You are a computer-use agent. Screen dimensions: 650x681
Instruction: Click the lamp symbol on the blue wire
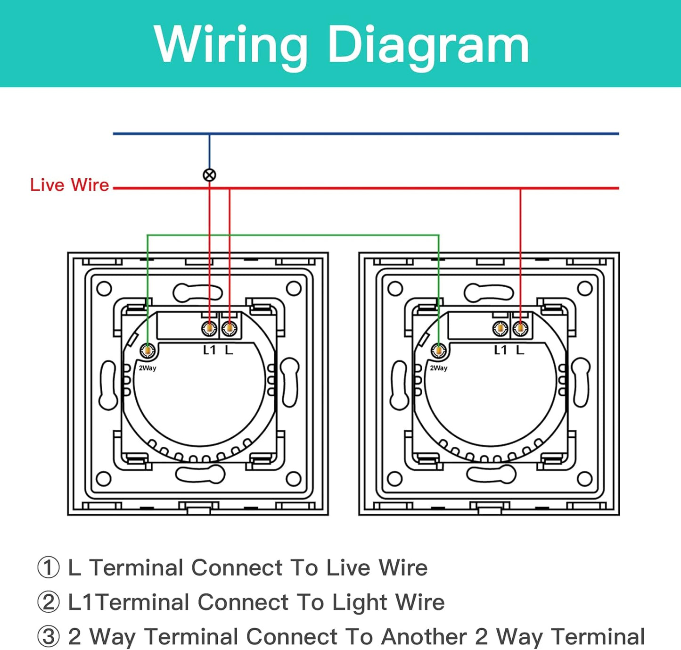pos(209,175)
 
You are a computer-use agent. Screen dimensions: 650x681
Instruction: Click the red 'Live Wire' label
pos(69,185)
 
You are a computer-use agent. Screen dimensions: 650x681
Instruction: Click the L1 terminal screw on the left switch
pos(209,328)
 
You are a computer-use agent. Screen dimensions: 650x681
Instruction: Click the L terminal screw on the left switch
pos(229,328)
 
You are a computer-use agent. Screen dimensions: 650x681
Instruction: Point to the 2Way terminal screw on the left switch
pos(148,350)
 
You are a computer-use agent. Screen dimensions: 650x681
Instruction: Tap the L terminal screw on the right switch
pos(520,328)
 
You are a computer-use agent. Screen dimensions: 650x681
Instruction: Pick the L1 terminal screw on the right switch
pos(500,328)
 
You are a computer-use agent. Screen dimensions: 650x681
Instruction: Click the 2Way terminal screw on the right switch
pos(439,350)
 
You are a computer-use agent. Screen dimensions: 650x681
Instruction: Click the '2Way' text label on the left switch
pos(148,368)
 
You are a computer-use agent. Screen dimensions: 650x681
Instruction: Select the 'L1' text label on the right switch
pos(500,350)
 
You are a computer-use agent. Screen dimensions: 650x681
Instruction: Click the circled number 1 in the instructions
pos(49,567)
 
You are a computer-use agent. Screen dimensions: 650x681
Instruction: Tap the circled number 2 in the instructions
pos(49,602)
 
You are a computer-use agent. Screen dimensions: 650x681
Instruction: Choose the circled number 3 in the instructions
pos(49,637)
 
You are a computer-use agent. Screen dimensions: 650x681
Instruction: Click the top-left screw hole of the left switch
pos(104,289)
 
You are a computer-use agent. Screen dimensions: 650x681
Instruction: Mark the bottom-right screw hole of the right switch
pos(584,479)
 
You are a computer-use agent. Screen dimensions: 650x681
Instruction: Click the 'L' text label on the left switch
pos(229,350)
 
